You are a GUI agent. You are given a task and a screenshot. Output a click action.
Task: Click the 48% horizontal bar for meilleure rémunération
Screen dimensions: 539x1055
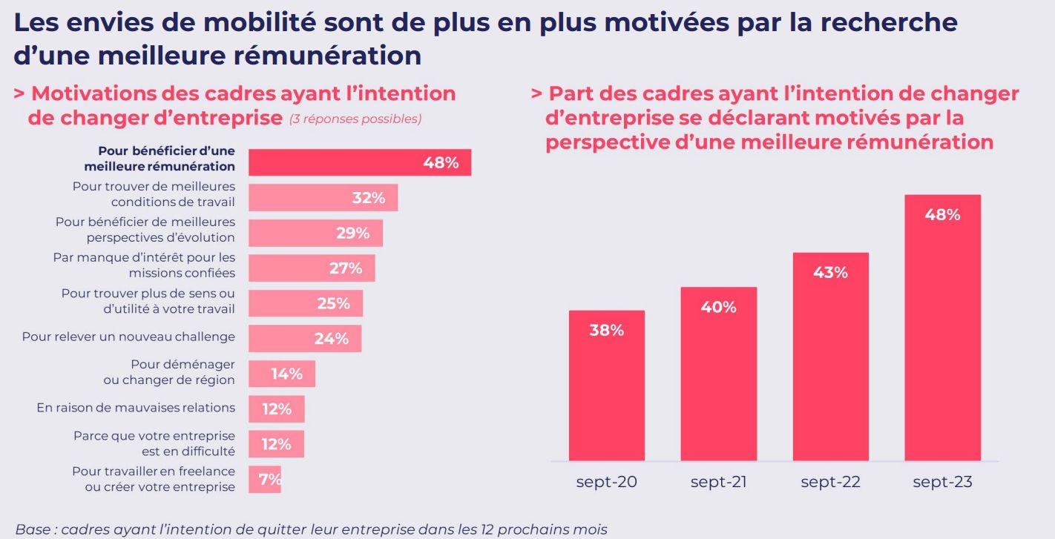pyautogui.click(x=359, y=162)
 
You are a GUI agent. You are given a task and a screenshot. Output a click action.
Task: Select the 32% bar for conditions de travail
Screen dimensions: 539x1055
pyautogui.click(x=323, y=198)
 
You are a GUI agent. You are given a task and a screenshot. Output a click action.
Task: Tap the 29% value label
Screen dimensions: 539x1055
pyautogui.click(x=352, y=233)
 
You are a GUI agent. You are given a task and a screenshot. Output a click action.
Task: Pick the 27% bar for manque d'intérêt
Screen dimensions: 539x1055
pyautogui.click(x=312, y=268)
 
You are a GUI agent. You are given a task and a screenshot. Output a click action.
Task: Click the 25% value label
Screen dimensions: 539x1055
pyautogui.click(x=333, y=303)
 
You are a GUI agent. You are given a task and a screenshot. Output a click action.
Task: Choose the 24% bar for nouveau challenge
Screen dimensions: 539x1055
pyautogui.click(x=305, y=339)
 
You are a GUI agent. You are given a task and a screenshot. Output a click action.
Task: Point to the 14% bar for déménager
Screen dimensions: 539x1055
pyautogui.click(x=282, y=374)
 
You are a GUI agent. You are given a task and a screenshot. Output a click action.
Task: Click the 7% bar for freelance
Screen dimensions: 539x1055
pyautogui.click(x=265, y=480)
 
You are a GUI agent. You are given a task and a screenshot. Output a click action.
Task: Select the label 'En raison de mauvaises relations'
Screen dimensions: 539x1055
pyautogui.click(x=136, y=408)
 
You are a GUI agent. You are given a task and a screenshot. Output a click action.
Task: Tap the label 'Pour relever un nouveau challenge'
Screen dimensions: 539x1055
pyautogui.click(x=128, y=337)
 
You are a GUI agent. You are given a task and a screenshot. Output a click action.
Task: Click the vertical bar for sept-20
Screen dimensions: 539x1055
pyautogui.click(x=606, y=386)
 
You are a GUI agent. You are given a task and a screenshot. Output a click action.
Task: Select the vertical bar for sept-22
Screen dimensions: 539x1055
pyautogui.click(x=830, y=357)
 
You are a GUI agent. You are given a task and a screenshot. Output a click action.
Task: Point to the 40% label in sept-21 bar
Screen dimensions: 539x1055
pyautogui.click(x=718, y=307)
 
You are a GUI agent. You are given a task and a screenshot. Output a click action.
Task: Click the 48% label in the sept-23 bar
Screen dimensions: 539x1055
pyautogui.click(x=942, y=215)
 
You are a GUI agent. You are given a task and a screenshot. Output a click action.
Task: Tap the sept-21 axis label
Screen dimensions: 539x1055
pyautogui.click(x=718, y=482)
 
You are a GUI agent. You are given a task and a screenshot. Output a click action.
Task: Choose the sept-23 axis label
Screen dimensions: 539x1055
pyautogui.click(x=942, y=482)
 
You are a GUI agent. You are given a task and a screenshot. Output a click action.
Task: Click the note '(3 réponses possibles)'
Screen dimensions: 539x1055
pyautogui.click(x=355, y=119)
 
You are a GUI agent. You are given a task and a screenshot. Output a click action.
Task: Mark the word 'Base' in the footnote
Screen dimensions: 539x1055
pyautogui.click(x=32, y=529)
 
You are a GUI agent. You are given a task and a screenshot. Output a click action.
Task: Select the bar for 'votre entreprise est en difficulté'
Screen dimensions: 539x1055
pyautogui.click(x=276, y=444)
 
